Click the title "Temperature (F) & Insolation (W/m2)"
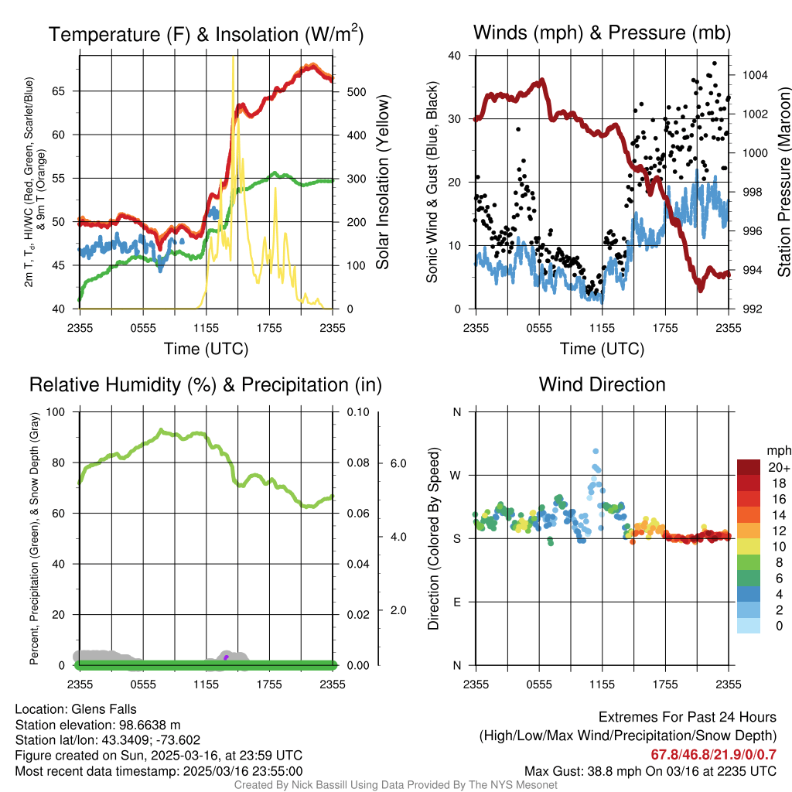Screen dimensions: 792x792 pos(206,34)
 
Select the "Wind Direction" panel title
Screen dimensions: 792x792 pos(602,384)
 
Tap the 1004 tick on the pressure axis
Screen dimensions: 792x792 pos(754,75)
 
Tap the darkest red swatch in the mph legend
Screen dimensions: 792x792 pos(749,467)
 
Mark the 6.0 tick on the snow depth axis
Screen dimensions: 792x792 pos(398,463)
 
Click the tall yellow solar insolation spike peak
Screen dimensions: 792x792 pos(233,58)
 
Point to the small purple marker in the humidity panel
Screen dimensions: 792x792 pos(226,657)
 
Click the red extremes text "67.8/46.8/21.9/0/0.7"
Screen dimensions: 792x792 pos(713,754)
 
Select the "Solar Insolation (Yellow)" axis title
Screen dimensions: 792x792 pos(383,183)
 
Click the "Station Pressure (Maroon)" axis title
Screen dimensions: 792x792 pos(783,182)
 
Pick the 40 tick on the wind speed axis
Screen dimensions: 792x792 pos(456,56)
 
